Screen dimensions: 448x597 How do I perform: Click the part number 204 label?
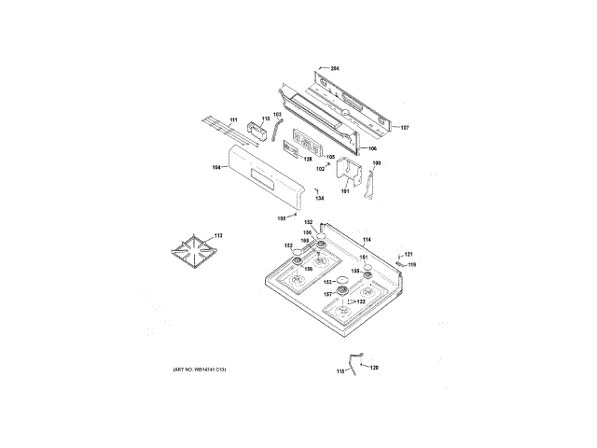(335, 70)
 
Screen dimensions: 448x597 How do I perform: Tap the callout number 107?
(404, 128)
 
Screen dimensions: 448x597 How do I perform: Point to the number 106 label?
(372, 148)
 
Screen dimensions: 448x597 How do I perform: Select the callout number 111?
(233, 120)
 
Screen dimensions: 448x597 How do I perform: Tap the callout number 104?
(216, 167)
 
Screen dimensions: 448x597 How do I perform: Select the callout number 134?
(319, 199)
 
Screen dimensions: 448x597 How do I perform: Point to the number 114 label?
(367, 241)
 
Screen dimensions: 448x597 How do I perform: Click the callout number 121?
(407, 253)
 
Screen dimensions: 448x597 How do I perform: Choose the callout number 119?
(411, 265)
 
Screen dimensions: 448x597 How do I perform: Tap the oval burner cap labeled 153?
(341, 280)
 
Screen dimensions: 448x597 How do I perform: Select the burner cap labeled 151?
(368, 268)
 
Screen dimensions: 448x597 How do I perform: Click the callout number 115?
(340, 371)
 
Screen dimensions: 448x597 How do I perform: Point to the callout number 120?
(374, 367)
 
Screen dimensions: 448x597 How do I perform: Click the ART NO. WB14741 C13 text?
(200, 371)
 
